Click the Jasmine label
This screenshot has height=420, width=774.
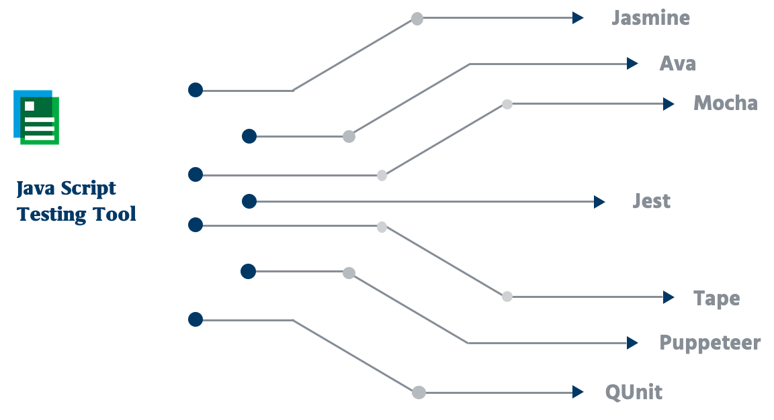[650, 18]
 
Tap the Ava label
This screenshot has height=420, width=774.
[678, 64]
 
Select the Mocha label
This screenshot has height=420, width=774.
[726, 103]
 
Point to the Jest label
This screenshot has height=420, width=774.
[651, 201]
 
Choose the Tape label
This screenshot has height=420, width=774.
[717, 299]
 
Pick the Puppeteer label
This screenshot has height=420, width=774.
[709, 343]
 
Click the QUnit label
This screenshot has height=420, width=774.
[634, 392]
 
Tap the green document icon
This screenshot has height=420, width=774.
[36, 117]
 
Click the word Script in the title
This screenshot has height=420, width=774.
[89, 189]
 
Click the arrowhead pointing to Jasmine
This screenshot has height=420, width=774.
[578, 18]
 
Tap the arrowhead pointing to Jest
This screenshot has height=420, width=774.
[599, 202]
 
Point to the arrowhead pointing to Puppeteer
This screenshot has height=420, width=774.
[632, 343]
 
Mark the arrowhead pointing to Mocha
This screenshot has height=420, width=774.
[669, 104]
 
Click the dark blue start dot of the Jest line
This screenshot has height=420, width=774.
[249, 201]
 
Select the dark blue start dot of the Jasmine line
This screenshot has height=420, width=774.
[196, 90]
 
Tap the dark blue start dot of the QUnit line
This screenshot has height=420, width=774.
[196, 319]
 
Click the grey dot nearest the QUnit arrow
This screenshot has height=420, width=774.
[419, 392]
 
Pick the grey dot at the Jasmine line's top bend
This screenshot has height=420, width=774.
[417, 19]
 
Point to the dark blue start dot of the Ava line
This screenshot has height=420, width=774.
[249, 136]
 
